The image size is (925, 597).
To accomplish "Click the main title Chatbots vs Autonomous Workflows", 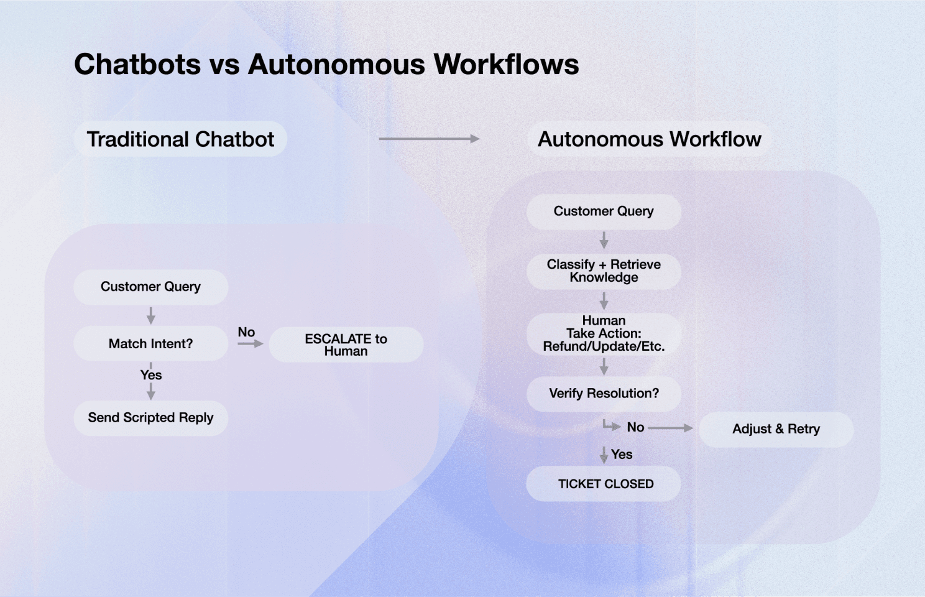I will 326,65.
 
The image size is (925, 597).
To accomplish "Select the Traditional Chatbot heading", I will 180,139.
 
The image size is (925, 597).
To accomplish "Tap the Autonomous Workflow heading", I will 649,139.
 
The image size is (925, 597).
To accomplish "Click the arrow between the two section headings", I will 429,139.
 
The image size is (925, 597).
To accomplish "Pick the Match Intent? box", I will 150,343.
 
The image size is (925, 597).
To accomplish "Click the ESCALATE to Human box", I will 346,345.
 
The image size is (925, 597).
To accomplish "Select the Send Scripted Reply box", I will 150,418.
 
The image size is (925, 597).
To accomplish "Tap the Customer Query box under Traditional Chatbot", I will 150,287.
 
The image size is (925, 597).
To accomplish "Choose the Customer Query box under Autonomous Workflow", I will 604,211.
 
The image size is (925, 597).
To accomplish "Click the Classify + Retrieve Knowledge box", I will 604,271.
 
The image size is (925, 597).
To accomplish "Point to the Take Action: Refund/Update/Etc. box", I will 604,334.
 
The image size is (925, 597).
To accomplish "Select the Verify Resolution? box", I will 604,394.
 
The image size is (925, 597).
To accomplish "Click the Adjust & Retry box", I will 776,429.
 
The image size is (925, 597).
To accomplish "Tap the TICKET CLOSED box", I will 604,484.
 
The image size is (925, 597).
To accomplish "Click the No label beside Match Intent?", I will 246,332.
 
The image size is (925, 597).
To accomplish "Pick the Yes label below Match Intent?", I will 151,375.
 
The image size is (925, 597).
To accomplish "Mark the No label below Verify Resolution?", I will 635,427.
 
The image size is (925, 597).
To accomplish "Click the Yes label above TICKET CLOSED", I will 622,455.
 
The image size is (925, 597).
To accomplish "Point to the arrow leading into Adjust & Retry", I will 670,428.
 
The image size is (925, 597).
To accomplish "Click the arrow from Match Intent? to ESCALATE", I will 250,344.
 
